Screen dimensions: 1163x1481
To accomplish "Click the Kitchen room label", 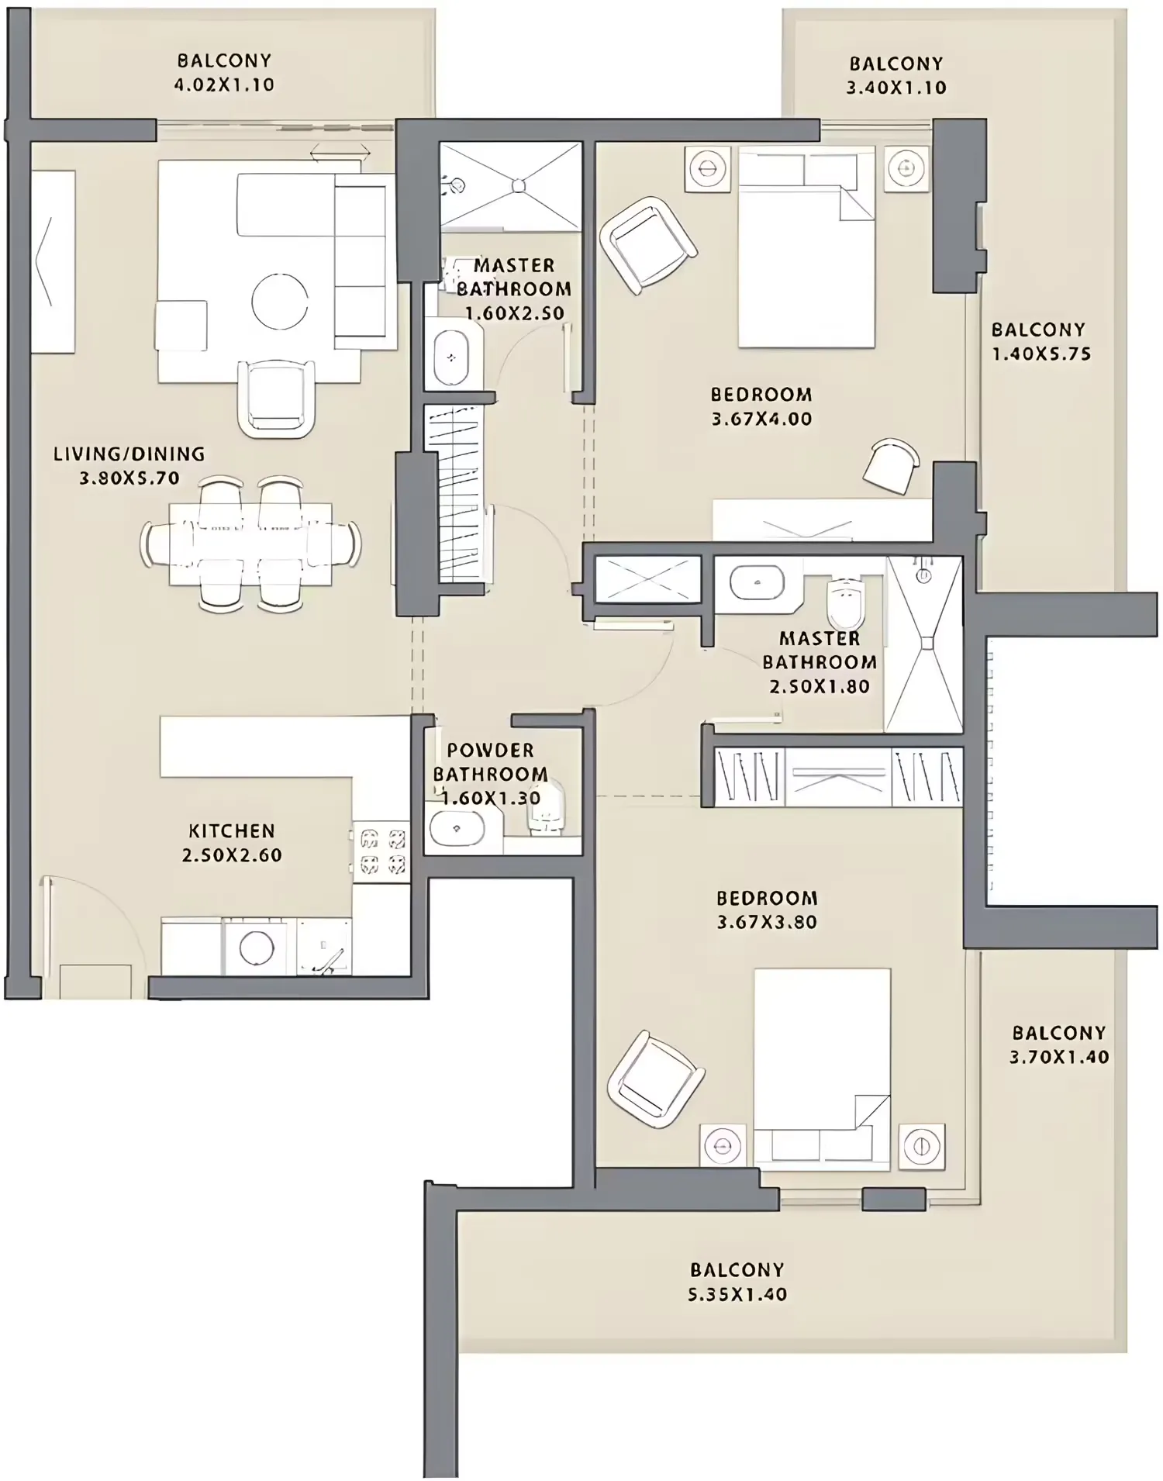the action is (232, 830).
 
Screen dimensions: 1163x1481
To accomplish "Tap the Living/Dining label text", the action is (129, 454).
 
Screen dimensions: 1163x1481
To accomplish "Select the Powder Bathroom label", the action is (491, 762).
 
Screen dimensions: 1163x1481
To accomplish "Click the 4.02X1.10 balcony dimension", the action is (224, 85).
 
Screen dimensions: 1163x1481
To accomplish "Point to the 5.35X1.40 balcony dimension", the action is (737, 1294).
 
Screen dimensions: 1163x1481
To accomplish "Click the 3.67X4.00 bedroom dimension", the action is (761, 419).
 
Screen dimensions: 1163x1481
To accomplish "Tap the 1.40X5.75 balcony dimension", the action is (1041, 354).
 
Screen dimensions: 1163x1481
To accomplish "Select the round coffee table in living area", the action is (279, 301).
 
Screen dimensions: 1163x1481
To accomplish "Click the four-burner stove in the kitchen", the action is (381, 851).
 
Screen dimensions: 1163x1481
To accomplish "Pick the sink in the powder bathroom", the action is (457, 830).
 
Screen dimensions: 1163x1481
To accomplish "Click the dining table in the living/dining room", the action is (250, 544).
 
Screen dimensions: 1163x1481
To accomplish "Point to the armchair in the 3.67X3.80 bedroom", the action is (656, 1079).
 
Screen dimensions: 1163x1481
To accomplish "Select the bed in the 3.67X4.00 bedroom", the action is (806, 247).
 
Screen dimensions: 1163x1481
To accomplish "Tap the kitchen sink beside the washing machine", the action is (324, 948).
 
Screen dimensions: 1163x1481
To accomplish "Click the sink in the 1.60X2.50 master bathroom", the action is (450, 358).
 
